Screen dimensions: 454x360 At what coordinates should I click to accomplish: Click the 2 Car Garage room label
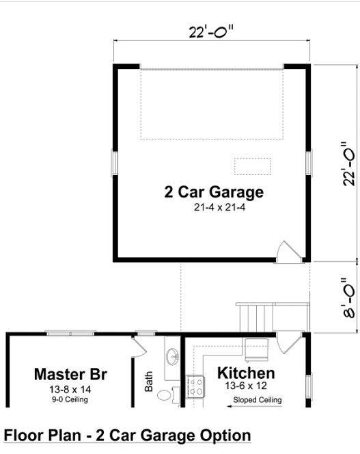(213, 191)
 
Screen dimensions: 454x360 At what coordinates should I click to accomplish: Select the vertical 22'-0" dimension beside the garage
(349, 163)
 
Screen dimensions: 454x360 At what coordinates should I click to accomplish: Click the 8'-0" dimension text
(349, 297)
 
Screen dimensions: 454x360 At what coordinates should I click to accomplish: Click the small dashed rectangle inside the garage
(253, 165)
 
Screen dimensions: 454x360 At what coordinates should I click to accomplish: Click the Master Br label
(70, 375)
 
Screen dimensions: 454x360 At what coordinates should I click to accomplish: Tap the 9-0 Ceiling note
(70, 399)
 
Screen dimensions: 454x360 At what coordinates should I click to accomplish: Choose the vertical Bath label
(150, 381)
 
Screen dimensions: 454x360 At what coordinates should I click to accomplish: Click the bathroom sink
(172, 357)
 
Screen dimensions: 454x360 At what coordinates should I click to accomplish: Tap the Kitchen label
(246, 373)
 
